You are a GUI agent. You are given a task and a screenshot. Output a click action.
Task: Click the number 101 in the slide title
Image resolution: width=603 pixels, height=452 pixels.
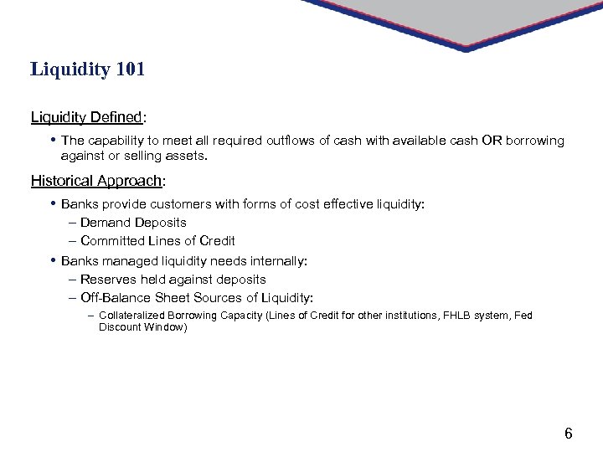point(129,69)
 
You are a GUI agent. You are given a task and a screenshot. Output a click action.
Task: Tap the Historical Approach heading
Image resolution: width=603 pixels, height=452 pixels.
point(96,181)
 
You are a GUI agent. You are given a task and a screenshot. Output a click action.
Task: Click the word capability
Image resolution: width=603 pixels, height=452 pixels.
point(115,141)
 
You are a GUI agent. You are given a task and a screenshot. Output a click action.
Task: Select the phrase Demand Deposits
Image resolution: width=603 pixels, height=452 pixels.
point(133,223)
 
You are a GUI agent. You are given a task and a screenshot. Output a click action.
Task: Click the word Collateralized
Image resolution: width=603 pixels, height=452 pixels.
point(133,316)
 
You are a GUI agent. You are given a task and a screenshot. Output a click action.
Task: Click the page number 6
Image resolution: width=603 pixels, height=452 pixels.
point(569,433)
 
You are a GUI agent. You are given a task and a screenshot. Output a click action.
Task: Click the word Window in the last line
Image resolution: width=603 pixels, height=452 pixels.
point(166,327)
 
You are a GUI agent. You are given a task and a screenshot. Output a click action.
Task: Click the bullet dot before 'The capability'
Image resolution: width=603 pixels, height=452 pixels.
point(52,140)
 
